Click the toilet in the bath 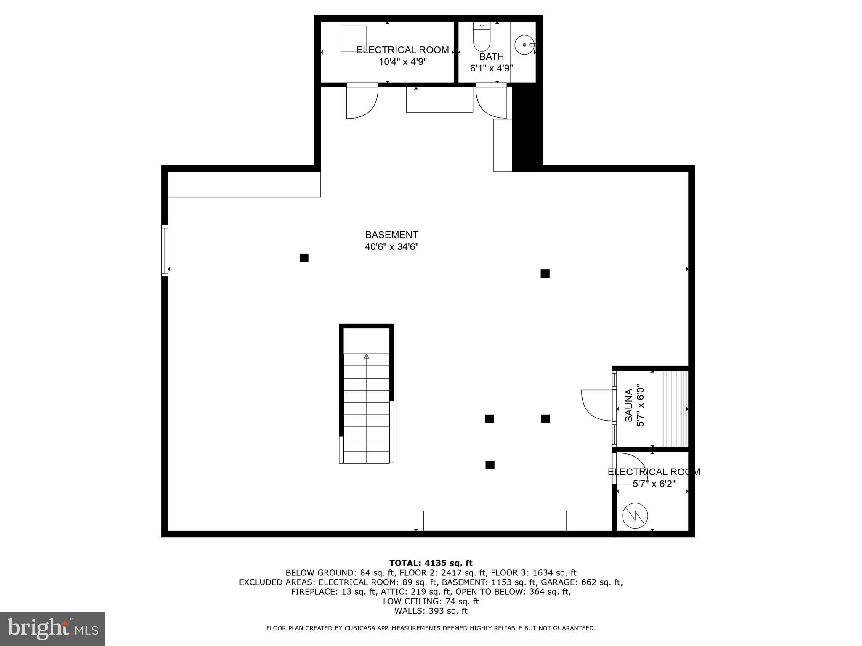coord(482,37)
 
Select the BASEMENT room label coord(391,235)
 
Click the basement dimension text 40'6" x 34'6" coord(391,246)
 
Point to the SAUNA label coord(628,405)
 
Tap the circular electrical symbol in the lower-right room coord(635,516)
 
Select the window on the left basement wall coord(165,251)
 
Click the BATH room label coord(492,56)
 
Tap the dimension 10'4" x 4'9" coord(403,62)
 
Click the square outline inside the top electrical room coord(353,39)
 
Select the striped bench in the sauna coord(676,409)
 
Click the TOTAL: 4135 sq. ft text coord(431,563)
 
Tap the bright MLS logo coord(53,628)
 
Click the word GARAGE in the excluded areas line coord(557,582)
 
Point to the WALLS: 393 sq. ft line coord(431,611)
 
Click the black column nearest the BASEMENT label coord(304,258)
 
